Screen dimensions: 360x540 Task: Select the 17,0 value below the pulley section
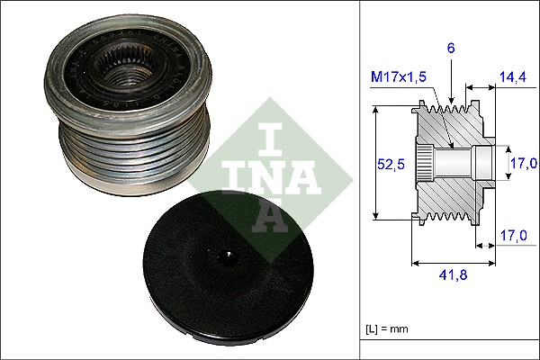tap(511, 235)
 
